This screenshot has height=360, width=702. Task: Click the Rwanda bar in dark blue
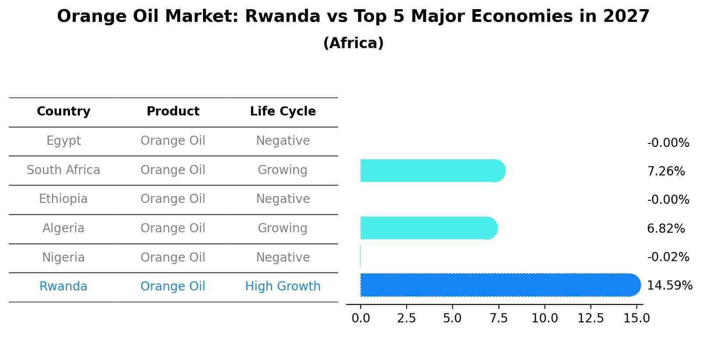tap(499, 285)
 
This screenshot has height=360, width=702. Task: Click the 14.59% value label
tap(669, 286)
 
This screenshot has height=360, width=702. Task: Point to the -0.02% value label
tap(668, 257)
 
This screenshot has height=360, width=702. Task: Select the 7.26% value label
tap(666, 171)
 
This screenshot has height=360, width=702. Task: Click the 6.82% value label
tap(666, 229)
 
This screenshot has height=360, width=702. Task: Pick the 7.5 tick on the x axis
tap(498, 318)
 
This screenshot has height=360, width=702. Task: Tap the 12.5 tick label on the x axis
tap(590, 318)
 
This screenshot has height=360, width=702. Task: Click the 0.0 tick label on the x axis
tap(361, 318)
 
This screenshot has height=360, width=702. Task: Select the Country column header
tap(63, 112)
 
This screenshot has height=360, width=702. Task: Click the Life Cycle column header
tap(283, 112)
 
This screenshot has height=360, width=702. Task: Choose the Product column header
tap(173, 112)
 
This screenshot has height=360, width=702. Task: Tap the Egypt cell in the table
tap(63, 141)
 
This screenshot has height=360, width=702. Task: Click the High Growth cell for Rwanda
tap(283, 287)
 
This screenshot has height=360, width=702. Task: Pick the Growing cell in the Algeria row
tap(282, 228)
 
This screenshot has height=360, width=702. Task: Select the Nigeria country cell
tap(63, 258)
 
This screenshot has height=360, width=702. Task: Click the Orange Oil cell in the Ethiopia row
tap(173, 199)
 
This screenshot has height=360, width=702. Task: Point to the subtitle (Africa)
tap(353, 43)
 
